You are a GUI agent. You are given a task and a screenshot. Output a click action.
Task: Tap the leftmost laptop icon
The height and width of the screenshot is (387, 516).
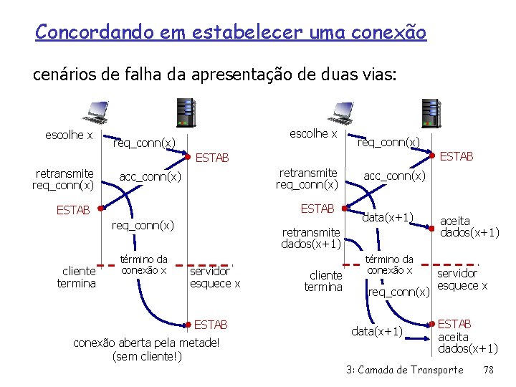point(94,112)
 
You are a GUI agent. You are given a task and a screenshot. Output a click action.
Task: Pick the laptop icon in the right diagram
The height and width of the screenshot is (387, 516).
point(338,112)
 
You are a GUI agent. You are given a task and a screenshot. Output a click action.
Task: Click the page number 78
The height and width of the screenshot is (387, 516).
point(488,370)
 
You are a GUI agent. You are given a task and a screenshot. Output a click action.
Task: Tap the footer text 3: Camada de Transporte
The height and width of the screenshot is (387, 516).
point(404,370)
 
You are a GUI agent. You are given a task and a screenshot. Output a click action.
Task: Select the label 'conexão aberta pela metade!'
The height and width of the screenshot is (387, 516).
point(146,343)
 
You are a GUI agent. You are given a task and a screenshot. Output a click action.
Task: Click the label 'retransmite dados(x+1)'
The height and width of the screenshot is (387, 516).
point(310,238)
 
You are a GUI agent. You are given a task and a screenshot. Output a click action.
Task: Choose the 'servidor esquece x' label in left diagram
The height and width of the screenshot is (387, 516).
point(214,277)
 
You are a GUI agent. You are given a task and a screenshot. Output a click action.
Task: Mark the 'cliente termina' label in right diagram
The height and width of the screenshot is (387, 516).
point(323,281)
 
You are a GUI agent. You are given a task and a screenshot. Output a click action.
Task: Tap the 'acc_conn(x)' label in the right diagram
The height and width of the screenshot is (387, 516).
point(394,176)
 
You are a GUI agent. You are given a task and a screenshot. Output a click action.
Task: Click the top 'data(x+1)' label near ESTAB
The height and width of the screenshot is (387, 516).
point(388,217)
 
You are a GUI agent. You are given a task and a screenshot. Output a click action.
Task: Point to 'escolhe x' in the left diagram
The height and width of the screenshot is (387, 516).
point(69,135)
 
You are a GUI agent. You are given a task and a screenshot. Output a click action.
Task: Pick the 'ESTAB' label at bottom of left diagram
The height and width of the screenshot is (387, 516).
point(211,325)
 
